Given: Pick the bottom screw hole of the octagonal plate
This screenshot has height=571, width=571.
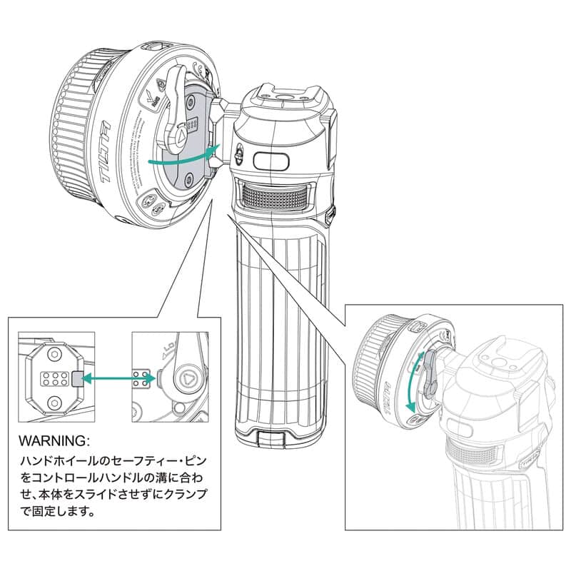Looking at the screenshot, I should click(x=54, y=405).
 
